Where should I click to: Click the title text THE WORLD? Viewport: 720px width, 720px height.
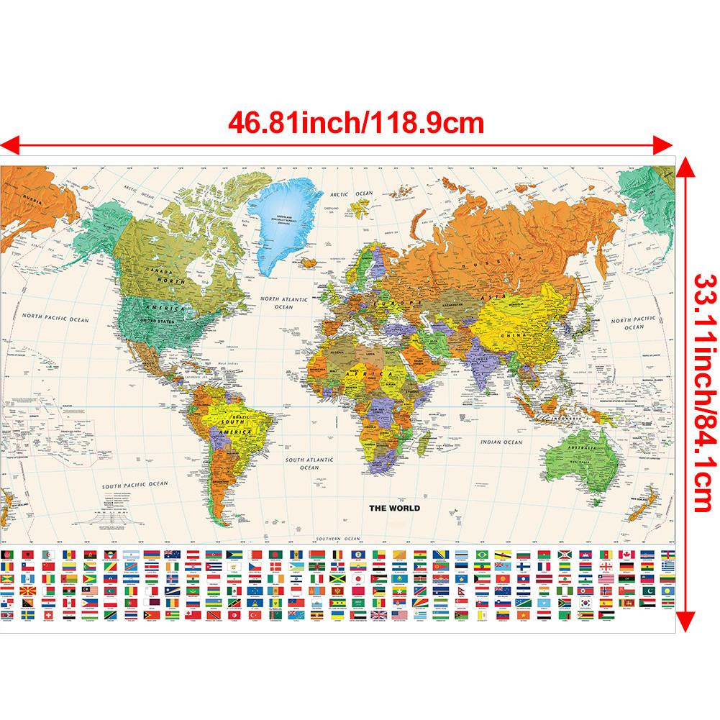[394, 508]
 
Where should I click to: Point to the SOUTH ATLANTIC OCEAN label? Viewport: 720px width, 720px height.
[310, 462]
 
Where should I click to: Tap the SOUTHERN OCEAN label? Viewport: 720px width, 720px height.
[341, 538]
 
